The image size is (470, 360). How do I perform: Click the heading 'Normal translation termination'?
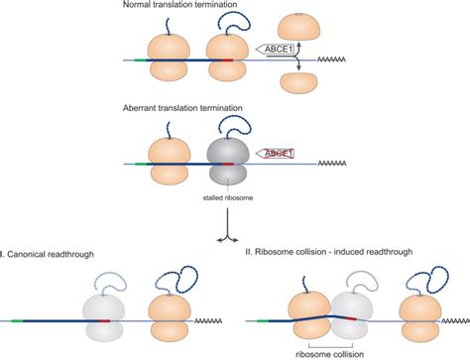pos(184,7)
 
